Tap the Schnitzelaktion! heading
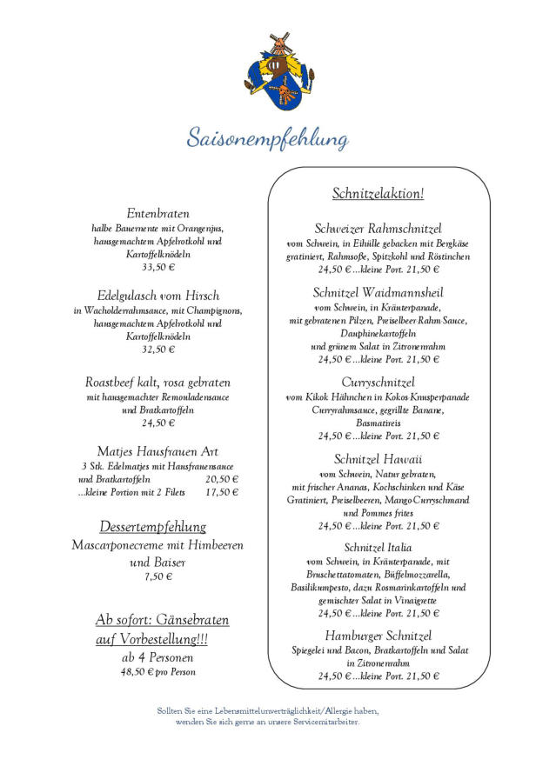click(x=378, y=193)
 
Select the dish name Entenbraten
click(x=157, y=213)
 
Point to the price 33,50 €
click(x=157, y=268)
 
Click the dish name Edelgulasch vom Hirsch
click(x=157, y=296)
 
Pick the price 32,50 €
click(x=157, y=350)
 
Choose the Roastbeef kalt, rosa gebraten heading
click(x=157, y=382)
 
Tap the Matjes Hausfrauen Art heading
click(x=157, y=451)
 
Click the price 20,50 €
click(x=222, y=479)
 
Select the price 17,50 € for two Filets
click(x=222, y=492)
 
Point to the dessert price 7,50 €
click(x=157, y=576)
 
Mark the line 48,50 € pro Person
click(x=157, y=672)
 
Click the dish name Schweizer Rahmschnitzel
click(x=378, y=228)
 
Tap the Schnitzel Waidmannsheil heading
click(x=378, y=292)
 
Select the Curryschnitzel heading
click(x=378, y=382)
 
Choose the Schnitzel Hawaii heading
click(x=378, y=458)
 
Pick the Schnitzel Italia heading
click(x=378, y=547)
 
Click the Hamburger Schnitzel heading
click(x=378, y=636)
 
